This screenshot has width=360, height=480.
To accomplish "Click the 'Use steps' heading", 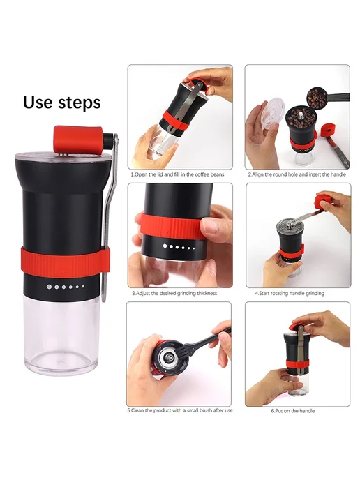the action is point(62,103).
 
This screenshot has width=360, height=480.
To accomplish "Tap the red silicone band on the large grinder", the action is point(66,262).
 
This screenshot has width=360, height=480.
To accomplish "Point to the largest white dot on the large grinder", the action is point(49,287).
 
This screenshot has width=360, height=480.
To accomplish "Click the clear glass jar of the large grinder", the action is point(62,335).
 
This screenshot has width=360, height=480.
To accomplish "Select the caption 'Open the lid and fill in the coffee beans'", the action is point(177,174).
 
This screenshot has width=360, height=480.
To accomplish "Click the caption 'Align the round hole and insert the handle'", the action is point(297,174).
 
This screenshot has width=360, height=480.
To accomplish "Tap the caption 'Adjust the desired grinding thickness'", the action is point(174,293).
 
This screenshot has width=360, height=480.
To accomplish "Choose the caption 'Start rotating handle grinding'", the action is point(290,293).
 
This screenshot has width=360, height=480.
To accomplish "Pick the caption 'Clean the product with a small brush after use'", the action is point(180,410).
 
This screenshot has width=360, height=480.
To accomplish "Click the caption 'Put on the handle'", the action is point(293,411).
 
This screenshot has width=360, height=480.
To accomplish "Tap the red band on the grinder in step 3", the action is point(172,225).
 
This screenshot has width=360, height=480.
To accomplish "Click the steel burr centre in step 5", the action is point(169,356).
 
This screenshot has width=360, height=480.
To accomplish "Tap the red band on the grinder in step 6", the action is point(297,365).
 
